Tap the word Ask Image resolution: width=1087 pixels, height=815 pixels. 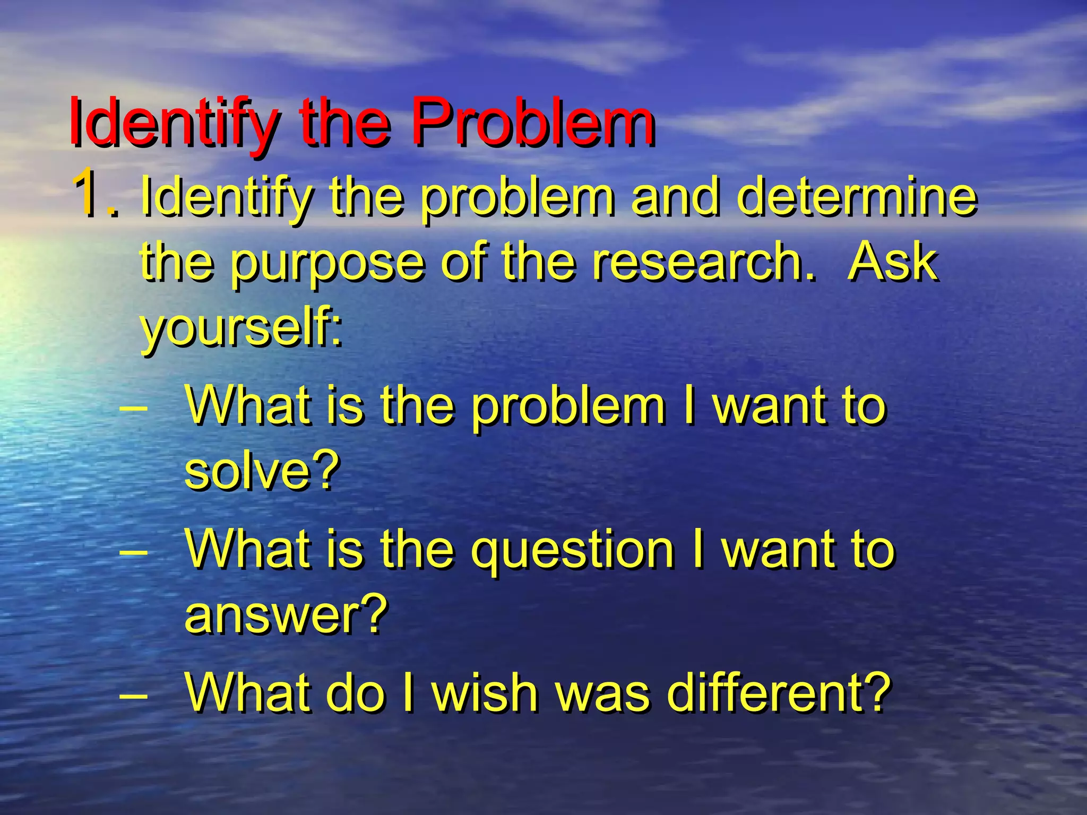coord(892,261)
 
